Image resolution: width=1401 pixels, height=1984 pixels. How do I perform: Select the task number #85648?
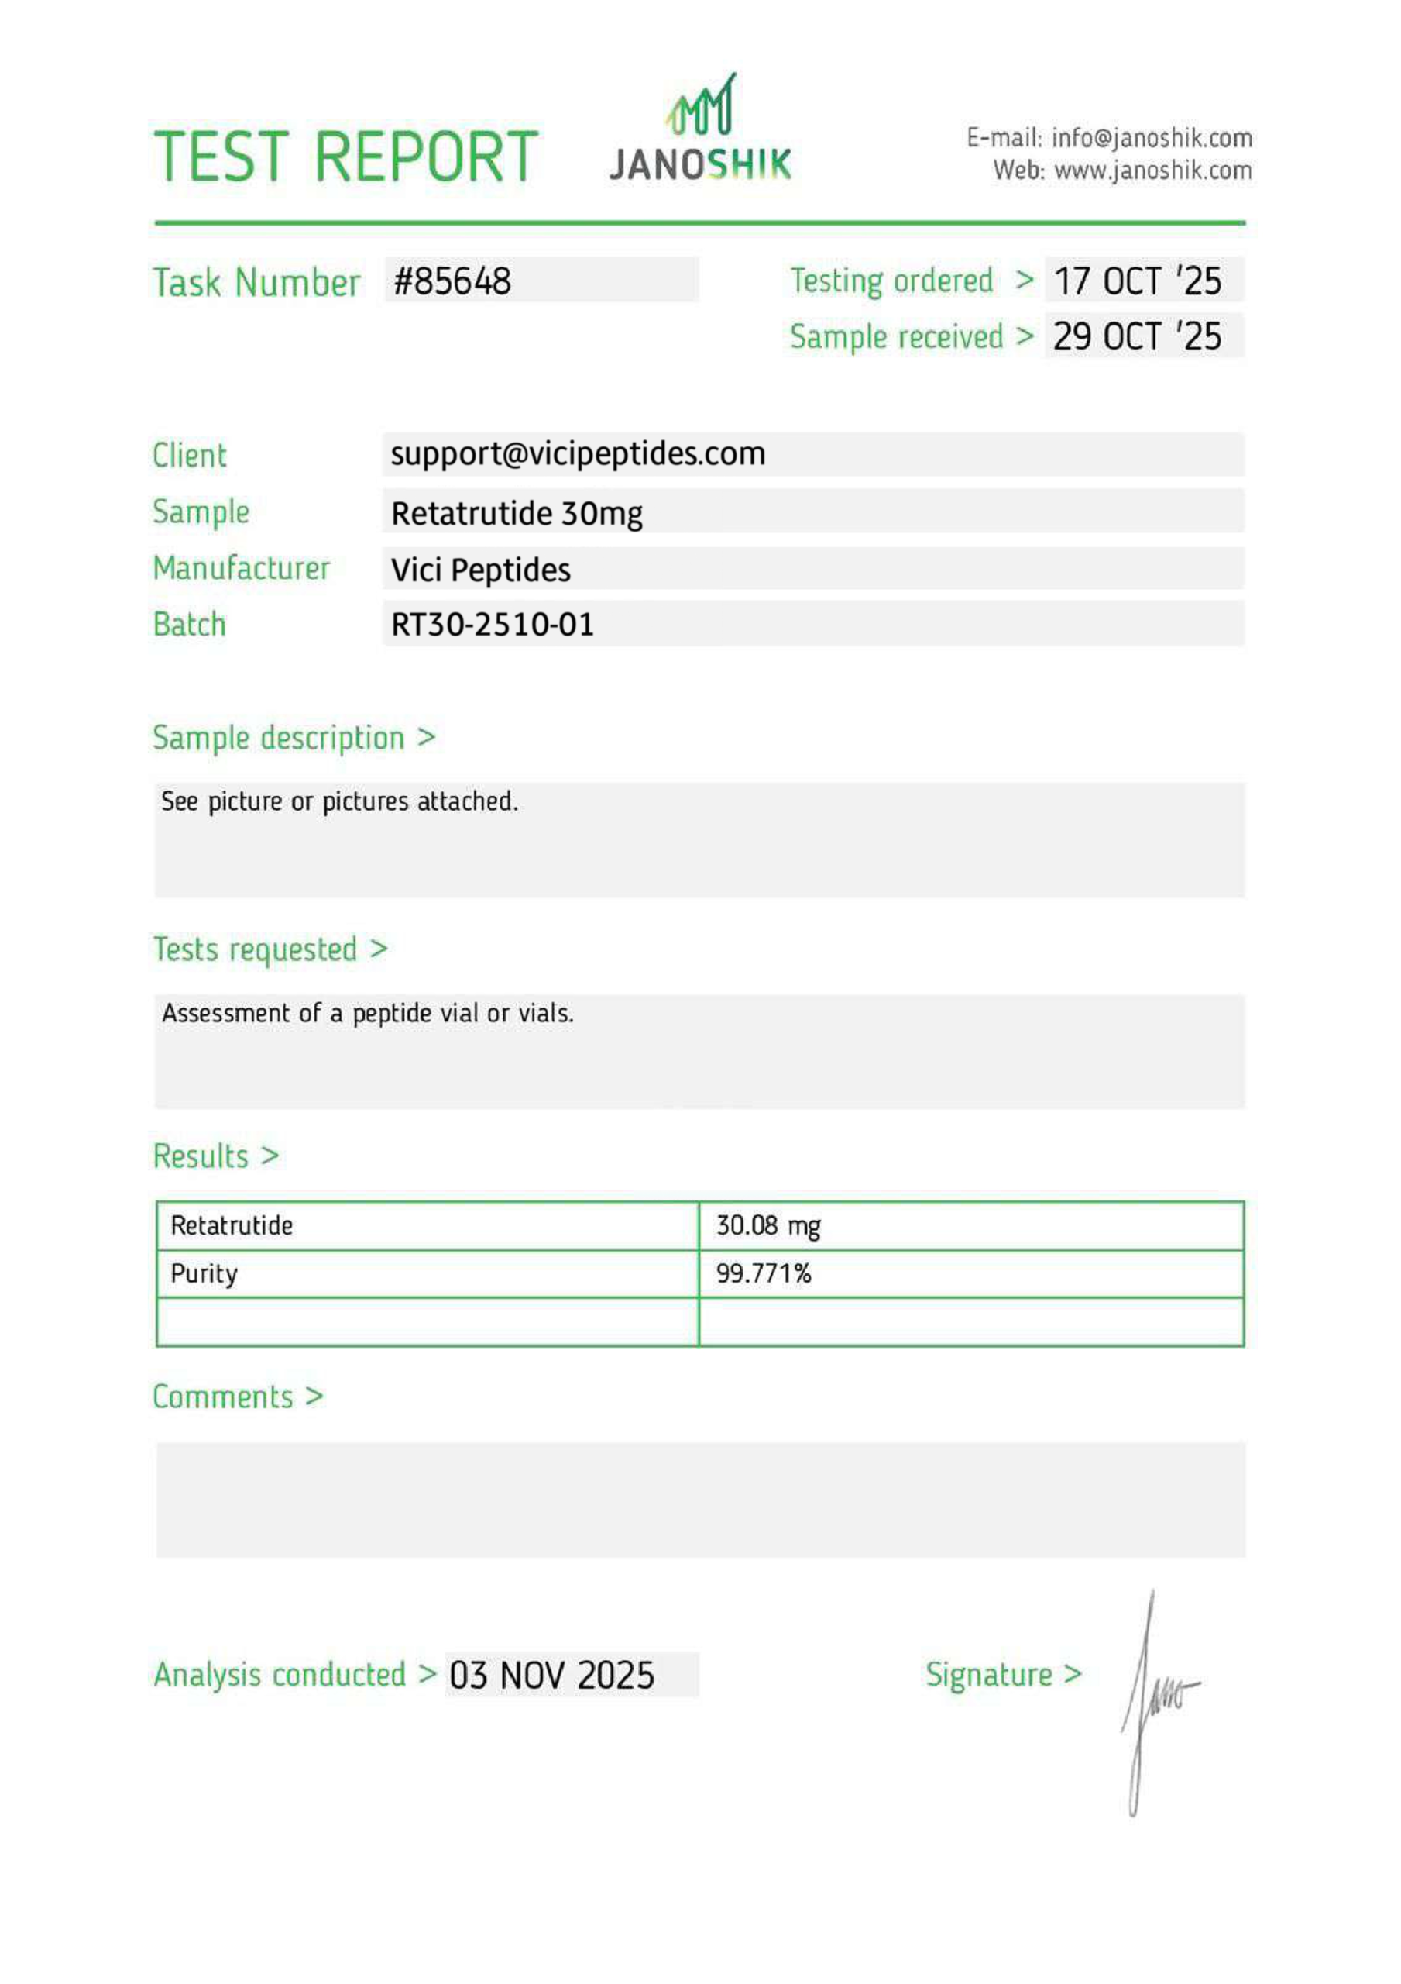(x=452, y=281)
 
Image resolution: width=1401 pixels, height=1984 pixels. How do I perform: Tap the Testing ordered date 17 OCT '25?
(x=1137, y=281)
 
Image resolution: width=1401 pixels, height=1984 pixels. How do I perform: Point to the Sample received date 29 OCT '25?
(x=1137, y=337)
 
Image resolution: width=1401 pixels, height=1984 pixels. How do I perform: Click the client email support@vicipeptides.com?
(x=578, y=454)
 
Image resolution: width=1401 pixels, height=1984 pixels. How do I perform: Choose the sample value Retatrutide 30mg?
(x=517, y=514)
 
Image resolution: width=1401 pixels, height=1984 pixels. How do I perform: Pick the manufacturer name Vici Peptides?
(x=480, y=570)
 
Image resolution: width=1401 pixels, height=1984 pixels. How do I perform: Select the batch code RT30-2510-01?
(x=493, y=625)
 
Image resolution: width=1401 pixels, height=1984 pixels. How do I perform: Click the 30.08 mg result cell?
(x=767, y=1225)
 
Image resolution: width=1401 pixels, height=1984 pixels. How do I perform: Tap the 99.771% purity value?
(x=764, y=1273)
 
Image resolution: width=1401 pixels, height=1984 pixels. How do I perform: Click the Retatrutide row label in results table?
(x=232, y=1225)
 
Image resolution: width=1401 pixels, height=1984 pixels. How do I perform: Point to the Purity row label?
(x=204, y=1273)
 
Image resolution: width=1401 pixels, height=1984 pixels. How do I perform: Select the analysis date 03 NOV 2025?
(x=552, y=1676)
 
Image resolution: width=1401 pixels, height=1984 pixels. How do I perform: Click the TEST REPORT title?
(x=345, y=157)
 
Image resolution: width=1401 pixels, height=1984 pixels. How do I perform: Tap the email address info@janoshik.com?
(x=1152, y=138)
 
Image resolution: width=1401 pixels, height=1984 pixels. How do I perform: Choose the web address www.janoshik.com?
(x=1152, y=170)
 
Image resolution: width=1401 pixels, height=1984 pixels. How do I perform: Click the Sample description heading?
(x=279, y=738)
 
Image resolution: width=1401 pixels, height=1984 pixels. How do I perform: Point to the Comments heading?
(x=224, y=1397)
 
